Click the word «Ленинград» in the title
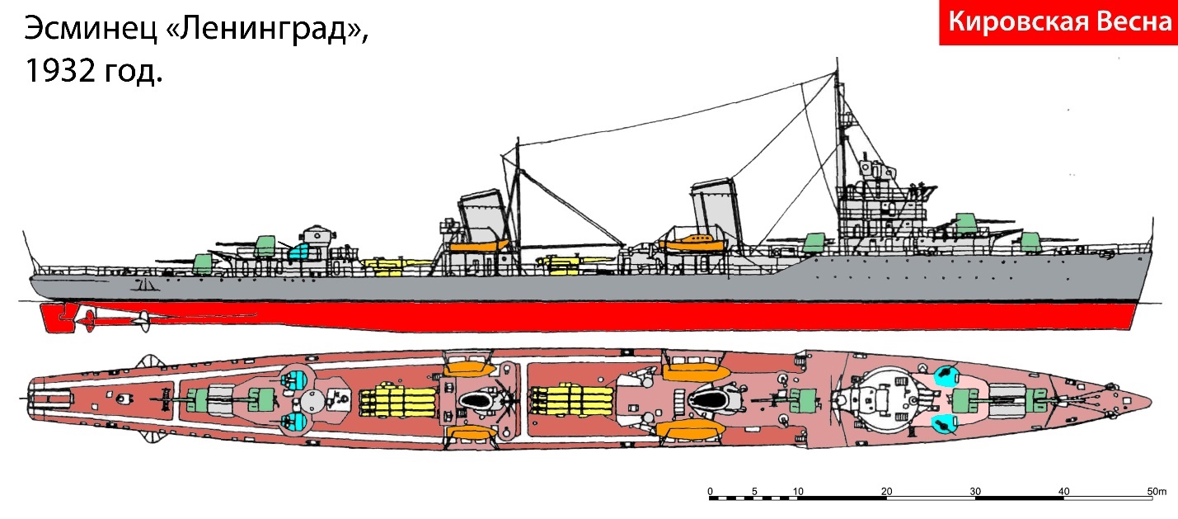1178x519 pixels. [x=267, y=30]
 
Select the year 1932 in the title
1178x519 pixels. [x=60, y=71]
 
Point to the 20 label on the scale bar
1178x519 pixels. [x=887, y=491]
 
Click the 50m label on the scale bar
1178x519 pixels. [x=1157, y=491]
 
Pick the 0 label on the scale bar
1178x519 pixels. [x=710, y=491]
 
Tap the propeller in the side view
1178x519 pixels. [x=143, y=320]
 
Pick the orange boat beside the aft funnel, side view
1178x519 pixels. [x=479, y=245]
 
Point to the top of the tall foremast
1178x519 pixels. [x=837, y=59]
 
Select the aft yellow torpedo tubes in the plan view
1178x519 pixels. [x=398, y=403]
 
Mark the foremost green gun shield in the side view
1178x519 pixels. [x=1030, y=241]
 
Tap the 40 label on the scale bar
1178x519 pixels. [x=1063, y=491]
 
